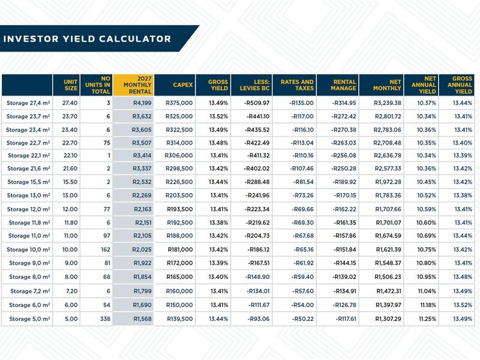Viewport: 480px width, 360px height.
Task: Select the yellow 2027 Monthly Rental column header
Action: click(133, 85)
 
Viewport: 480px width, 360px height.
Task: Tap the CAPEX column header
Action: click(183, 85)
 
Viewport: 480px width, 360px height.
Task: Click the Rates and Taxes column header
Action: click(297, 85)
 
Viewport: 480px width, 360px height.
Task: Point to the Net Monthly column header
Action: click(387, 85)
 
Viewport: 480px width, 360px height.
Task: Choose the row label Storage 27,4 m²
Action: click(28, 103)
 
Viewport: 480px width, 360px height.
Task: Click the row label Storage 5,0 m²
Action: click(29, 319)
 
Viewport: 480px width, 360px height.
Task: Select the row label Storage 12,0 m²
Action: click(28, 209)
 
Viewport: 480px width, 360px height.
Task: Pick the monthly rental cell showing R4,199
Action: click(142, 103)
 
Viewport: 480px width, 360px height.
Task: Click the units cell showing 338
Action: click(105, 319)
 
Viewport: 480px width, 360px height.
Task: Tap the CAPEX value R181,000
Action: click(181, 250)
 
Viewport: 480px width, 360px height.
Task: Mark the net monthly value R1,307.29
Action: click(388, 319)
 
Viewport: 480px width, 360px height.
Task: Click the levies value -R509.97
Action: click(257, 103)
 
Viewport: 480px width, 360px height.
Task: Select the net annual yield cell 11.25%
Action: click(427, 319)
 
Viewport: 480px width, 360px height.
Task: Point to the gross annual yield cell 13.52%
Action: click(463, 305)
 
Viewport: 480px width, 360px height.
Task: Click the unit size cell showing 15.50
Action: click(70, 182)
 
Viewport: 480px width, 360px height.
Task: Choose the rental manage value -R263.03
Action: click(343, 143)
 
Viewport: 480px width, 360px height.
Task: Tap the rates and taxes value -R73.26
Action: click(303, 196)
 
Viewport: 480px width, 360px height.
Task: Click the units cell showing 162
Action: click(106, 250)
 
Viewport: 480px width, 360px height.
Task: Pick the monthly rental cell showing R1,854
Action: click(142, 277)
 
